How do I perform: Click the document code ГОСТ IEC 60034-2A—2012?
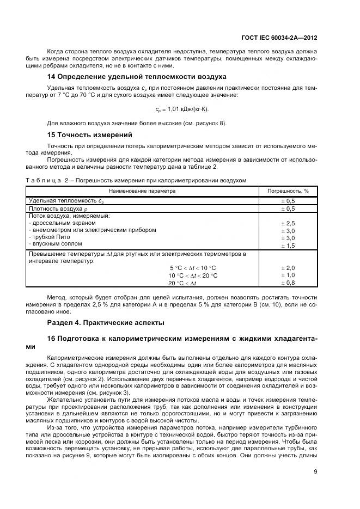(279, 38)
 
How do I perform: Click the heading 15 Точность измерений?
(90, 134)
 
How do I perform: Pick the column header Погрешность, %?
(288, 191)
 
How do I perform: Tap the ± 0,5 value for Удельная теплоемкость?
(288, 201)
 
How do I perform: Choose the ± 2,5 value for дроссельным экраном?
(288, 223)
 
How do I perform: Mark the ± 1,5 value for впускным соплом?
(288, 246)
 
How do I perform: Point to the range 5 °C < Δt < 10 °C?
(193, 268)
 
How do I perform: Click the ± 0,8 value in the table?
(288, 283)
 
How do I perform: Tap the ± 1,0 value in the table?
(288, 275)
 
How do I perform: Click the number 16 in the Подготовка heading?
(52, 339)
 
